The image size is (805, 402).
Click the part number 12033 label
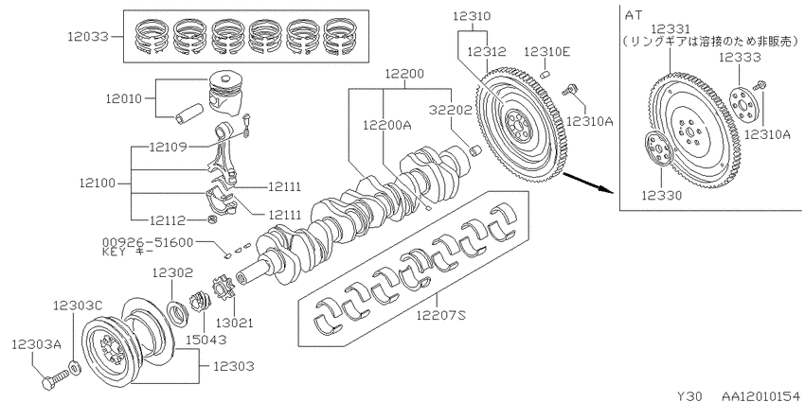(88, 37)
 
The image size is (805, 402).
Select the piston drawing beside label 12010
(225, 94)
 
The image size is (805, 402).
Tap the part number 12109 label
(168, 148)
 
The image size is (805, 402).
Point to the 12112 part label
(168, 220)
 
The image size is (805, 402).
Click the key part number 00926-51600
(148, 242)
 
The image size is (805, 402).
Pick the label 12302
(171, 273)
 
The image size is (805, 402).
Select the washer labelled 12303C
(74, 367)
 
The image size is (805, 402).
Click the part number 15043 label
(206, 339)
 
